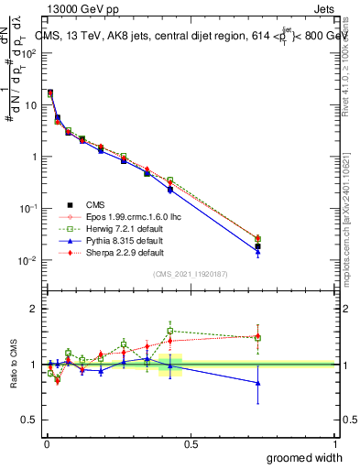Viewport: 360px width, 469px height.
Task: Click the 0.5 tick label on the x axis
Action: (x=191, y=443)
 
